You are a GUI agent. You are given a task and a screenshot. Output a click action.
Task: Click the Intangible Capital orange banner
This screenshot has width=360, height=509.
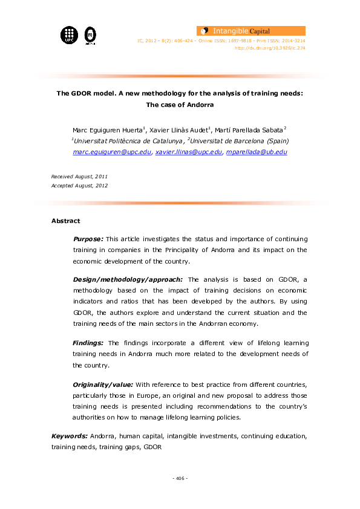coord(250,30)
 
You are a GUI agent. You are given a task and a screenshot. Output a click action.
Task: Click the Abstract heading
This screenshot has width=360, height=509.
coord(65,221)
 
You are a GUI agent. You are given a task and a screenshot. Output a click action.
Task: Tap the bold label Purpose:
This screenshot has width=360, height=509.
coord(88,239)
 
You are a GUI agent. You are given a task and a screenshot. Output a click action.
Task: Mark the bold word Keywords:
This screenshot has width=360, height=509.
coord(70,435)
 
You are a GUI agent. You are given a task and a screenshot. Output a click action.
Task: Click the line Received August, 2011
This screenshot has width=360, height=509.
coord(79,176)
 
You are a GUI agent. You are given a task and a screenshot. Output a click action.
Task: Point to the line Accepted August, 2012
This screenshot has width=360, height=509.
coord(79,186)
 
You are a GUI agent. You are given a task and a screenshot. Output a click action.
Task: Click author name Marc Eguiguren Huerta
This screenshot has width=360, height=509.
coord(107,130)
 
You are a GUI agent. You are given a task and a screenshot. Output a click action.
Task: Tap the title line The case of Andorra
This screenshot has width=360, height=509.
coord(180,105)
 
